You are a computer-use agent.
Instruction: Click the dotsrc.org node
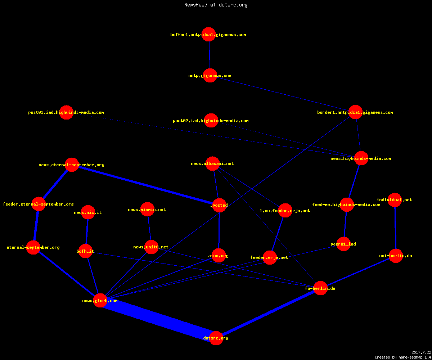(x=216, y=338)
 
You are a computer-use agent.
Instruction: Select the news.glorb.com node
(x=100, y=300)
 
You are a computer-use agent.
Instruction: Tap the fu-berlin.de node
(x=320, y=288)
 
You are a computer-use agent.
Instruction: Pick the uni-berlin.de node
(x=396, y=256)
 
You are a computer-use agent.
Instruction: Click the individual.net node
(x=395, y=200)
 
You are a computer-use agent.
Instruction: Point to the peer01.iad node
(x=343, y=244)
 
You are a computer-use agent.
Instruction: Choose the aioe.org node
(x=219, y=256)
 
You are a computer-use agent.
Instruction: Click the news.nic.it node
(x=88, y=212)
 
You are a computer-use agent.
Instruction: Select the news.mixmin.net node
(x=147, y=210)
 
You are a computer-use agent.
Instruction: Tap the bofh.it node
(x=85, y=251)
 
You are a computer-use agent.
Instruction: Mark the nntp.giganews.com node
(x=210, y=76)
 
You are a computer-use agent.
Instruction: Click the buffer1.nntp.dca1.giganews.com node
(x=208, y=34)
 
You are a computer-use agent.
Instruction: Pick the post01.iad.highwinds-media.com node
(x=66, y=112)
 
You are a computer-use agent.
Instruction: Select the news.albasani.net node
(x=212, y=163)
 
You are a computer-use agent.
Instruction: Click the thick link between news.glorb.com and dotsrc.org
(x=158, y=319)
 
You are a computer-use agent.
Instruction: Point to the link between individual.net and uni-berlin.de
(x=395, y=228)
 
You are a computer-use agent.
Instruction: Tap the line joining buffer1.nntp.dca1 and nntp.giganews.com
(x=210, y=55)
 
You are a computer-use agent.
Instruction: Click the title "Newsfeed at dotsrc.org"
(x=216, y=5)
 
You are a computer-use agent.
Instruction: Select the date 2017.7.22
(x=421, y=352)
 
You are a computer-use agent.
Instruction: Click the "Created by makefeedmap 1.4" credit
(x=403, y=357)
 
